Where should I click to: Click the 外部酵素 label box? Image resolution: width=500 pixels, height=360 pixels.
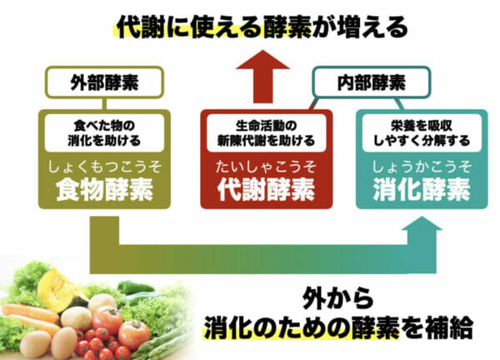(102, 84)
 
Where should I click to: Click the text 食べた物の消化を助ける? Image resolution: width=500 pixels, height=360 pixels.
(103, 133)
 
